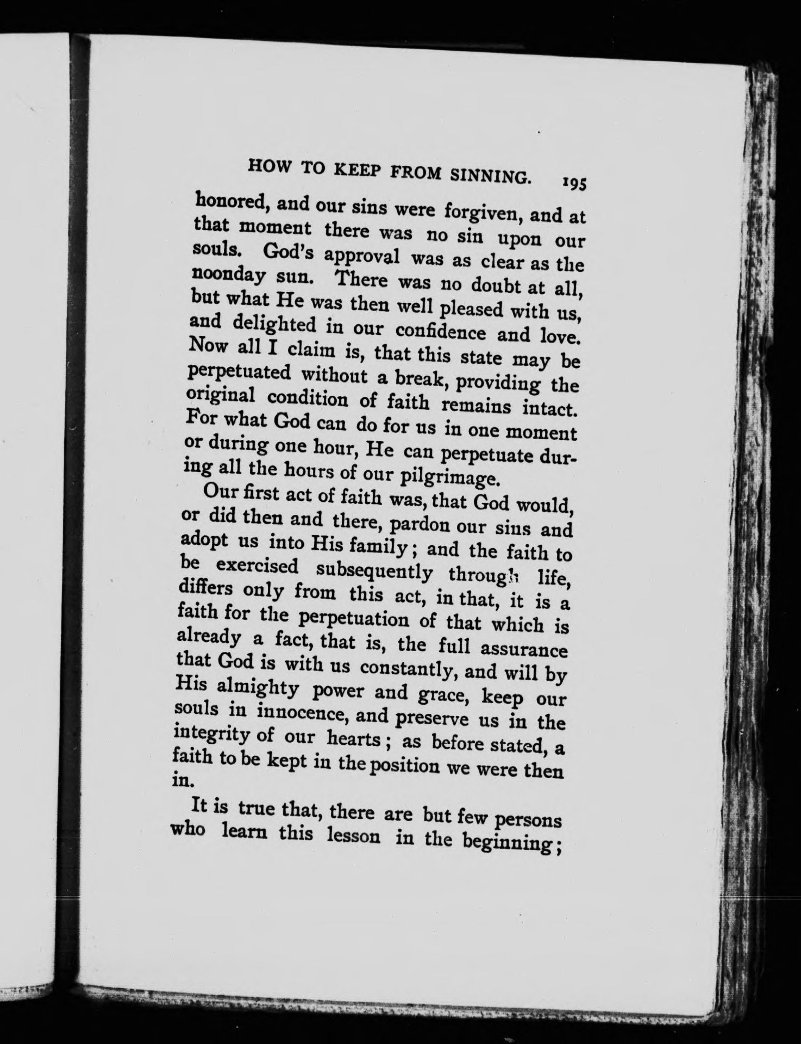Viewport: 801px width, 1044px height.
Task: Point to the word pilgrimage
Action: tap(448, 478)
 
